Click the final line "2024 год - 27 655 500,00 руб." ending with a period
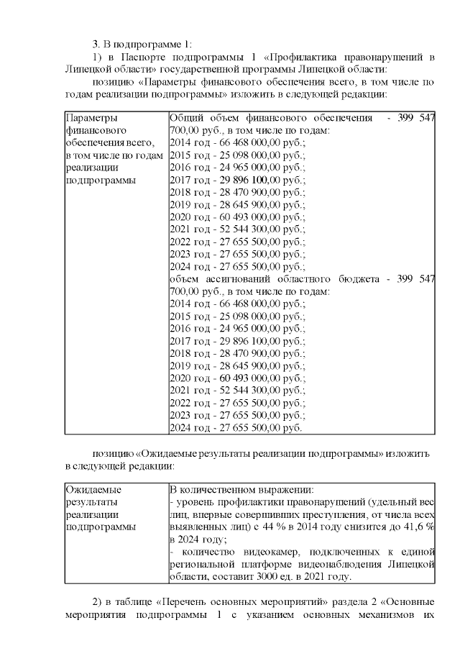(x=235, y=427)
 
